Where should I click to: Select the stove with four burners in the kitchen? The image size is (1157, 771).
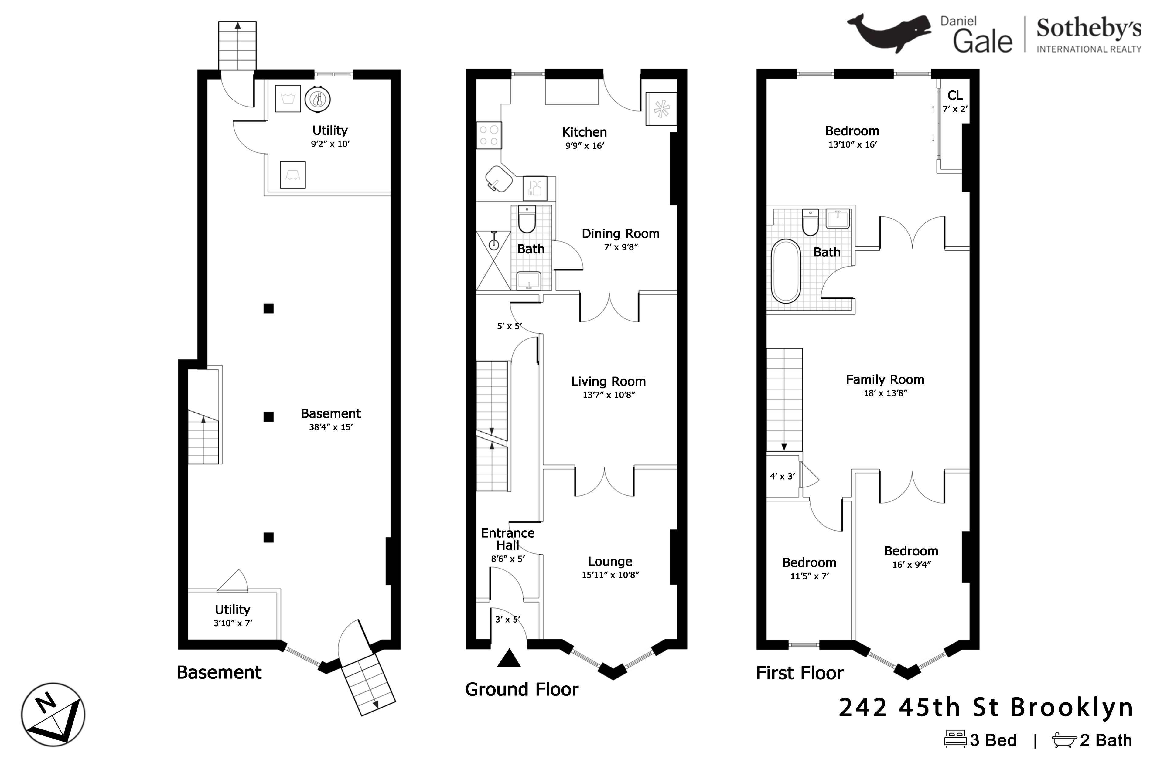489,135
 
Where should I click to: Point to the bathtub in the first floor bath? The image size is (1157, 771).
786,271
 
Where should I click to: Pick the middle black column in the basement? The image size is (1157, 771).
268,417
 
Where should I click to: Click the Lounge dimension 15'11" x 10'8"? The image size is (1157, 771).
610,575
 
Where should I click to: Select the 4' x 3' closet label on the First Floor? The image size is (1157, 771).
782,477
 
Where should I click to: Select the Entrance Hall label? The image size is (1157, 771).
508,539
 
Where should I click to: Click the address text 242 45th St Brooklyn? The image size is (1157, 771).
986,708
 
